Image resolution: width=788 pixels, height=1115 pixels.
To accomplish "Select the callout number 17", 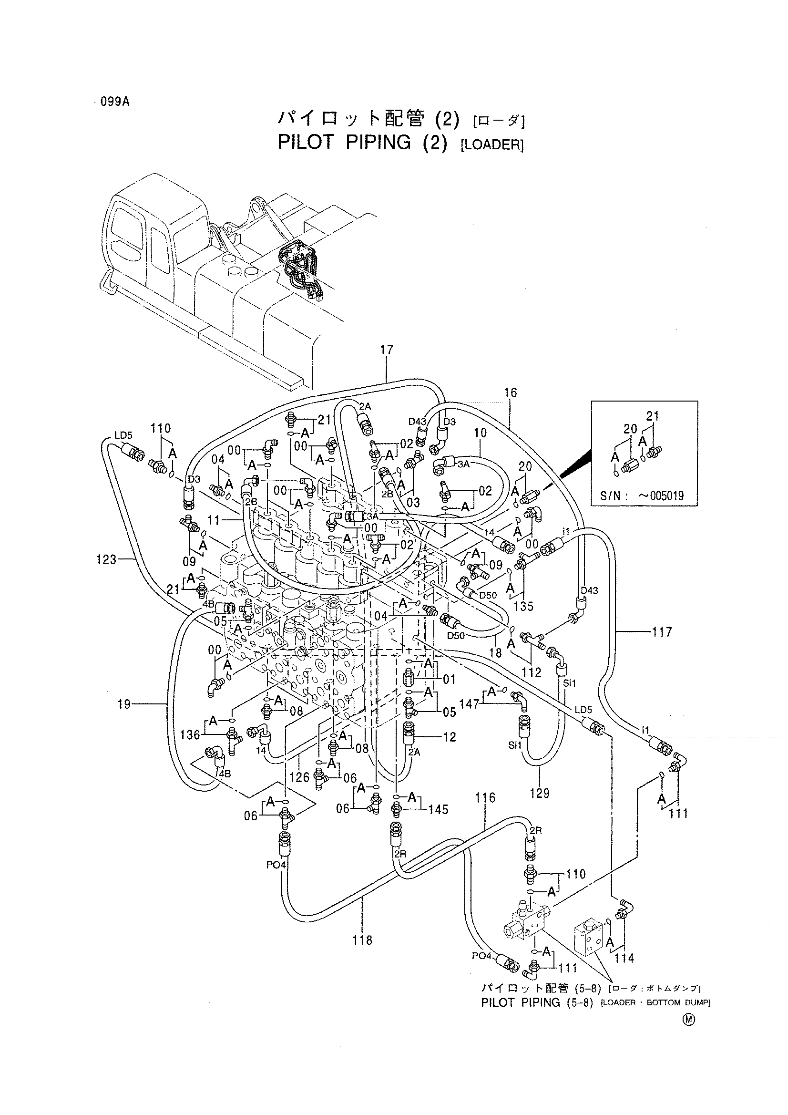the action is [x=387, y=350].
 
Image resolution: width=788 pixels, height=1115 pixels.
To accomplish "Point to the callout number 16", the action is [x=510, y=392].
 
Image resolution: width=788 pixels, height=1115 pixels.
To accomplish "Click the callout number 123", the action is [x=106, y=559].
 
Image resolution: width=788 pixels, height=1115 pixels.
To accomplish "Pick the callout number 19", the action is [x=124, y=704].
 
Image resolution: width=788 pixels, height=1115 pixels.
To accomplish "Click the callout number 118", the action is [x=363, y=940].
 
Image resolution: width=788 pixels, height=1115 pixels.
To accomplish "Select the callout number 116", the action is [x=485, y=797].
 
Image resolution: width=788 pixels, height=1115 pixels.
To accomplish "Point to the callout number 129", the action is [x=540, y=793].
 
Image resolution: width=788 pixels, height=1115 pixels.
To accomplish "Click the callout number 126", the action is [x=299, y=777].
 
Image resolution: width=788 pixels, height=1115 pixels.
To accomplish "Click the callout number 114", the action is [x=624, y=958].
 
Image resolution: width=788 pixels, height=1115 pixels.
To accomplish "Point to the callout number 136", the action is [x=190, y=735].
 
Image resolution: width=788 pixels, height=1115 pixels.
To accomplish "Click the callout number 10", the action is [x=480, y=432].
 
